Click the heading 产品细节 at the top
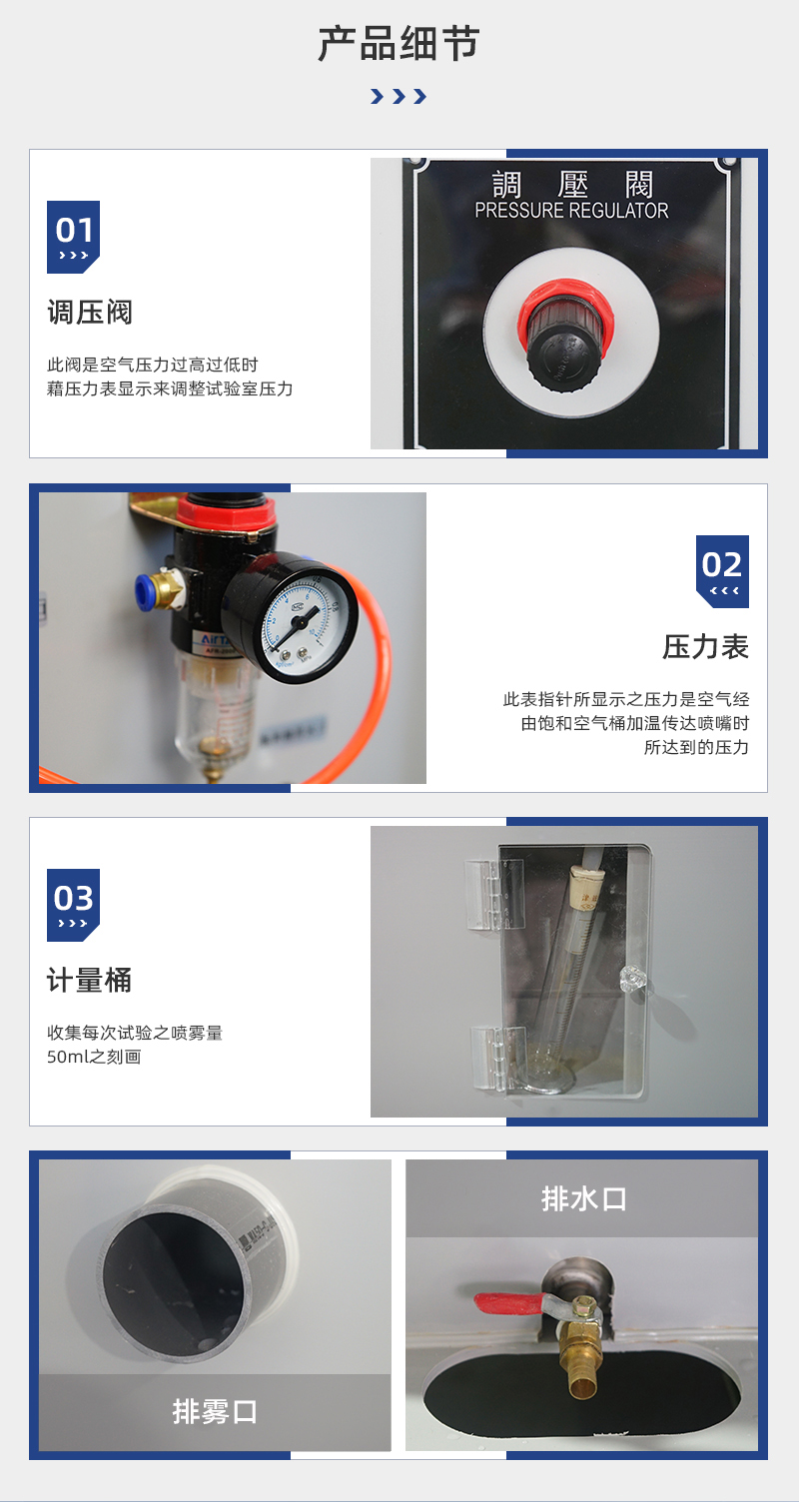(399, 45)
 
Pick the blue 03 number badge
(73, 905)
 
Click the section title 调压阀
(90, 313)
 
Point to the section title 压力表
(705, 647)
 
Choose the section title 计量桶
(90, 981)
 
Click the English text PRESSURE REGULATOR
(571, 211)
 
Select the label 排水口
(583, 1198)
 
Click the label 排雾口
(215, 1411)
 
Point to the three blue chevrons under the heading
(399, 97)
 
